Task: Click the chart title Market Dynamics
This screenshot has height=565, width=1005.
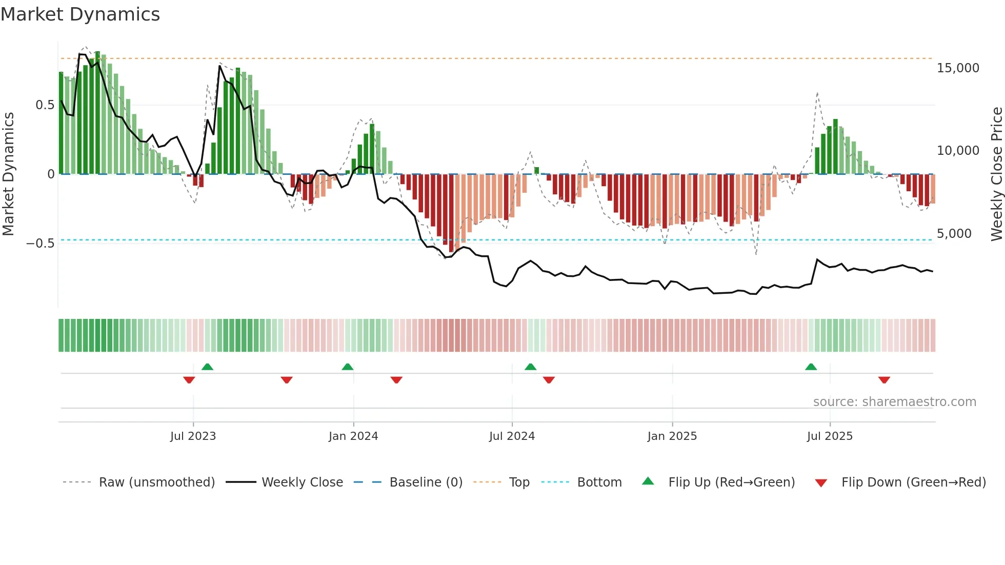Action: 81,14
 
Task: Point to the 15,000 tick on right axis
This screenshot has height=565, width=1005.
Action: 957,68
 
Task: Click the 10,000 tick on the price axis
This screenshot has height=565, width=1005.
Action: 957,151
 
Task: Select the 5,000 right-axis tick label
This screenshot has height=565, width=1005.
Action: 954,234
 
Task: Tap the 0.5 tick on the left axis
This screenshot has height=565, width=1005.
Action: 45,105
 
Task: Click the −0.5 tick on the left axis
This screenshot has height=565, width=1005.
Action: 40,244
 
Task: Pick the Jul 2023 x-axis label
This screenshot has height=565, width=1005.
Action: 193,436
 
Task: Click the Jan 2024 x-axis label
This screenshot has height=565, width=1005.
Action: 353,436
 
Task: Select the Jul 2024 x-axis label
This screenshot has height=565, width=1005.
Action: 512,436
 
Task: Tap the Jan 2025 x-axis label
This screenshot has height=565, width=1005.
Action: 672,436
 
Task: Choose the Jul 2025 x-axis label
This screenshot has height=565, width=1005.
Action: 830,436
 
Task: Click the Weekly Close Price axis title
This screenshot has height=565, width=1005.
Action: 996,174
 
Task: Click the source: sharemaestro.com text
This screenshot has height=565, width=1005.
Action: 894,402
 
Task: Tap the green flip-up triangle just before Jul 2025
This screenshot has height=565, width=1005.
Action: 811,367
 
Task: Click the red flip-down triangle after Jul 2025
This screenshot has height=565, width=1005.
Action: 883,380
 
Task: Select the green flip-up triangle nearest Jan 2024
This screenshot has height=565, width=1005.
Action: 347,367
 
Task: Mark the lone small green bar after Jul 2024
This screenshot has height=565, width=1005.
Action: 536,170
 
